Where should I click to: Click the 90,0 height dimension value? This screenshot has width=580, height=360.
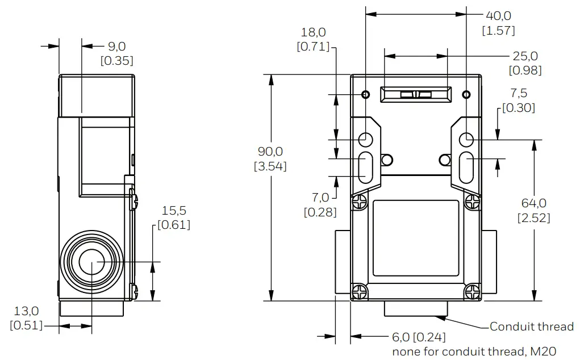point(270,152)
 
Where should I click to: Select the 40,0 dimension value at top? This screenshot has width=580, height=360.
point(498,16)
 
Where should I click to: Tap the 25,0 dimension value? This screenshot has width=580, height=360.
point(525,56)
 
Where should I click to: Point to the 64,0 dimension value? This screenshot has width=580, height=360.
point(533,203)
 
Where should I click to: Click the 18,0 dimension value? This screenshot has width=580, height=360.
point(313,32)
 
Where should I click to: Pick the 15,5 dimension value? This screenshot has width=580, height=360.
point(174,211)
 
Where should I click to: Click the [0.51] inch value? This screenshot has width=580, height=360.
point(27,325)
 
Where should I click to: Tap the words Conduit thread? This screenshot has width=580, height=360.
point(531,326)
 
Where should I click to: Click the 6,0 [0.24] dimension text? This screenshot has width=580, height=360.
point(419,337)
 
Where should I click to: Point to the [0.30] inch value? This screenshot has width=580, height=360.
point(518,107)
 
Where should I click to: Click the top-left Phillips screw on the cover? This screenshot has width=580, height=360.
point(360,200)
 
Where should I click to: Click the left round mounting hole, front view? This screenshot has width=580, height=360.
point(366,138)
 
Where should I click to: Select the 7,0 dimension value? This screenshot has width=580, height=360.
point(320,198)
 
